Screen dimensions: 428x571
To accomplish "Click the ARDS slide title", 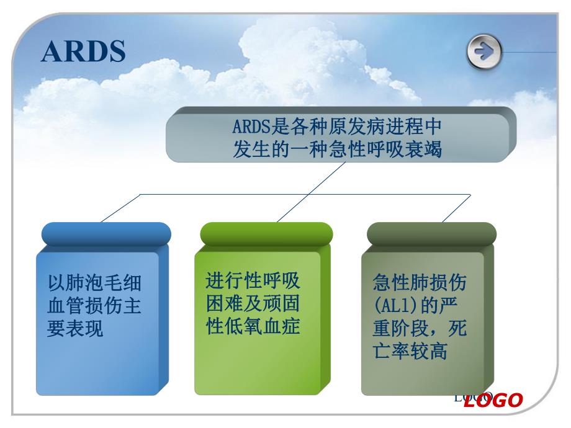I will click(83, 52).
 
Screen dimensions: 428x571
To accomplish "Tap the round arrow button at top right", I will click(484, 52).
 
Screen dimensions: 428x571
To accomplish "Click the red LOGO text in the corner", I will click(493, 401).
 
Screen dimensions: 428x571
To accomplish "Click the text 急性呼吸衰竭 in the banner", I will click(390, 149).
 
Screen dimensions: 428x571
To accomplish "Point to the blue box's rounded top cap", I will click(106, 234).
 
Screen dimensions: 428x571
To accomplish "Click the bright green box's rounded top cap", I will click(266, 234).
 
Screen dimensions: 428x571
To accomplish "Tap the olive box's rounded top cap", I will click(431, 234).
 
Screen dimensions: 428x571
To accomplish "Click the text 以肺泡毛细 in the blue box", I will click(94, 284).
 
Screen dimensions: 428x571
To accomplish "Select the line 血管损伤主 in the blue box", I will click(94, 306).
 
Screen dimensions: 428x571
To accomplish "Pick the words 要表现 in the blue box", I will click(75, 329).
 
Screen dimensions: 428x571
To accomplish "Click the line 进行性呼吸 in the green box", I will click(253, 281).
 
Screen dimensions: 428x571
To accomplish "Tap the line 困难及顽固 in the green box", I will click(253, 303).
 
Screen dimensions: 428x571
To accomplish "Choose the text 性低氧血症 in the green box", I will click(253, 326).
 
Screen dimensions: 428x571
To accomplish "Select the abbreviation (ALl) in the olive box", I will click(395, 306).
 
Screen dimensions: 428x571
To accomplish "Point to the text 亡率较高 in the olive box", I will click(410, 351).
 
